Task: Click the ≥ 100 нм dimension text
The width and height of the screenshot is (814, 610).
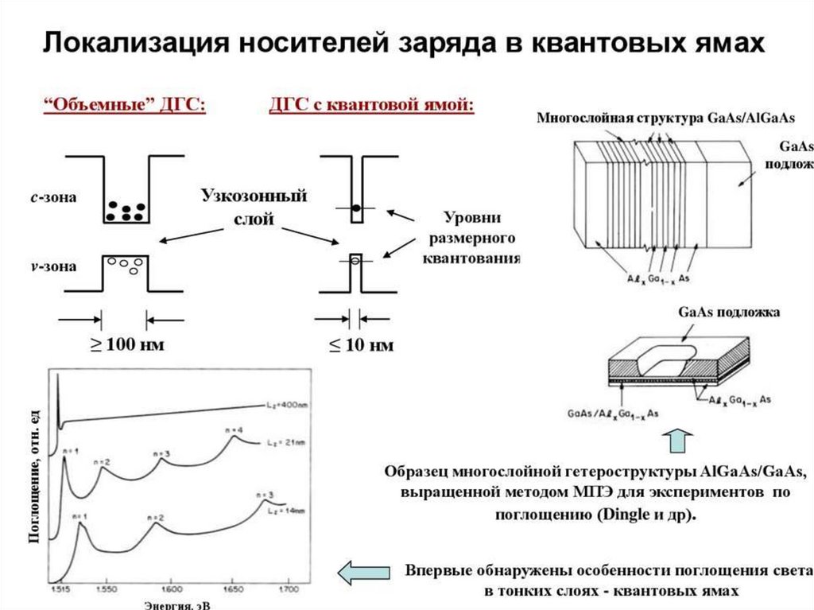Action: (x=125, y=346)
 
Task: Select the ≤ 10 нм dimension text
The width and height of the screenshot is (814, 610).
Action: (x=362, y=346)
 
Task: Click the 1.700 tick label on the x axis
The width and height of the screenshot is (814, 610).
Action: (x=288, y=590)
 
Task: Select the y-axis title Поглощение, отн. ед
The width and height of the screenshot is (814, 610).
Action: (x=35, y=479)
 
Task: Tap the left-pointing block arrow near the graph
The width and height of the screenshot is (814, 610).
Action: (x=364, y=572)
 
